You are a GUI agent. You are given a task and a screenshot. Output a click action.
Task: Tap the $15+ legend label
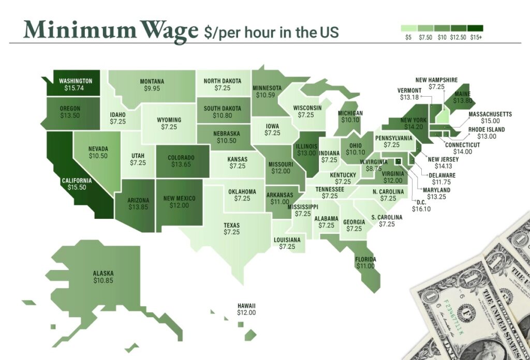(476, 38)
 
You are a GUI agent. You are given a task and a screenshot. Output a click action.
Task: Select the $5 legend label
(408, 38)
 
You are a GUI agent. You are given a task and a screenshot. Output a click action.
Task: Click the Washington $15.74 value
(76, 88)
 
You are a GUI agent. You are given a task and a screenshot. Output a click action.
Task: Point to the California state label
(77, 181)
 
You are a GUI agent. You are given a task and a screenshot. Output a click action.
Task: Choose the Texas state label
(231, 226)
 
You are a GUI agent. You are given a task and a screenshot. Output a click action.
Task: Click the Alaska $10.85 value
(103, 280)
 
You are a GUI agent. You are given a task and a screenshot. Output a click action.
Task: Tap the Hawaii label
(246, 306)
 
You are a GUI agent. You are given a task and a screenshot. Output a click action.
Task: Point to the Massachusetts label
(490, 114)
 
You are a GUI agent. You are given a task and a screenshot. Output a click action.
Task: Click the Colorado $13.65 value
(181, 164)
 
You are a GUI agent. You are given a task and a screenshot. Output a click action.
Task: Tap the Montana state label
(152, 81)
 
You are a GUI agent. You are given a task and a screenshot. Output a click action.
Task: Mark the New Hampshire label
(437, 80)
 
